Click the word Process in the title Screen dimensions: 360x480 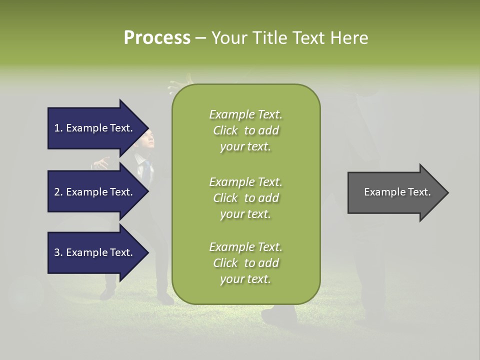(157, 38)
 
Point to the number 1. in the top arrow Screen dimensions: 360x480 (58, 128)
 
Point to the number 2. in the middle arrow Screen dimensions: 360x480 (58, 192)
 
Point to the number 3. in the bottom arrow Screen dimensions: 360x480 (58, 252)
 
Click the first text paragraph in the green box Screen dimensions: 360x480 (245, 130)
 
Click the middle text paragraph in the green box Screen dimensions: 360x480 (245, 197)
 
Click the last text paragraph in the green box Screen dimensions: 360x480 (245, 263)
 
